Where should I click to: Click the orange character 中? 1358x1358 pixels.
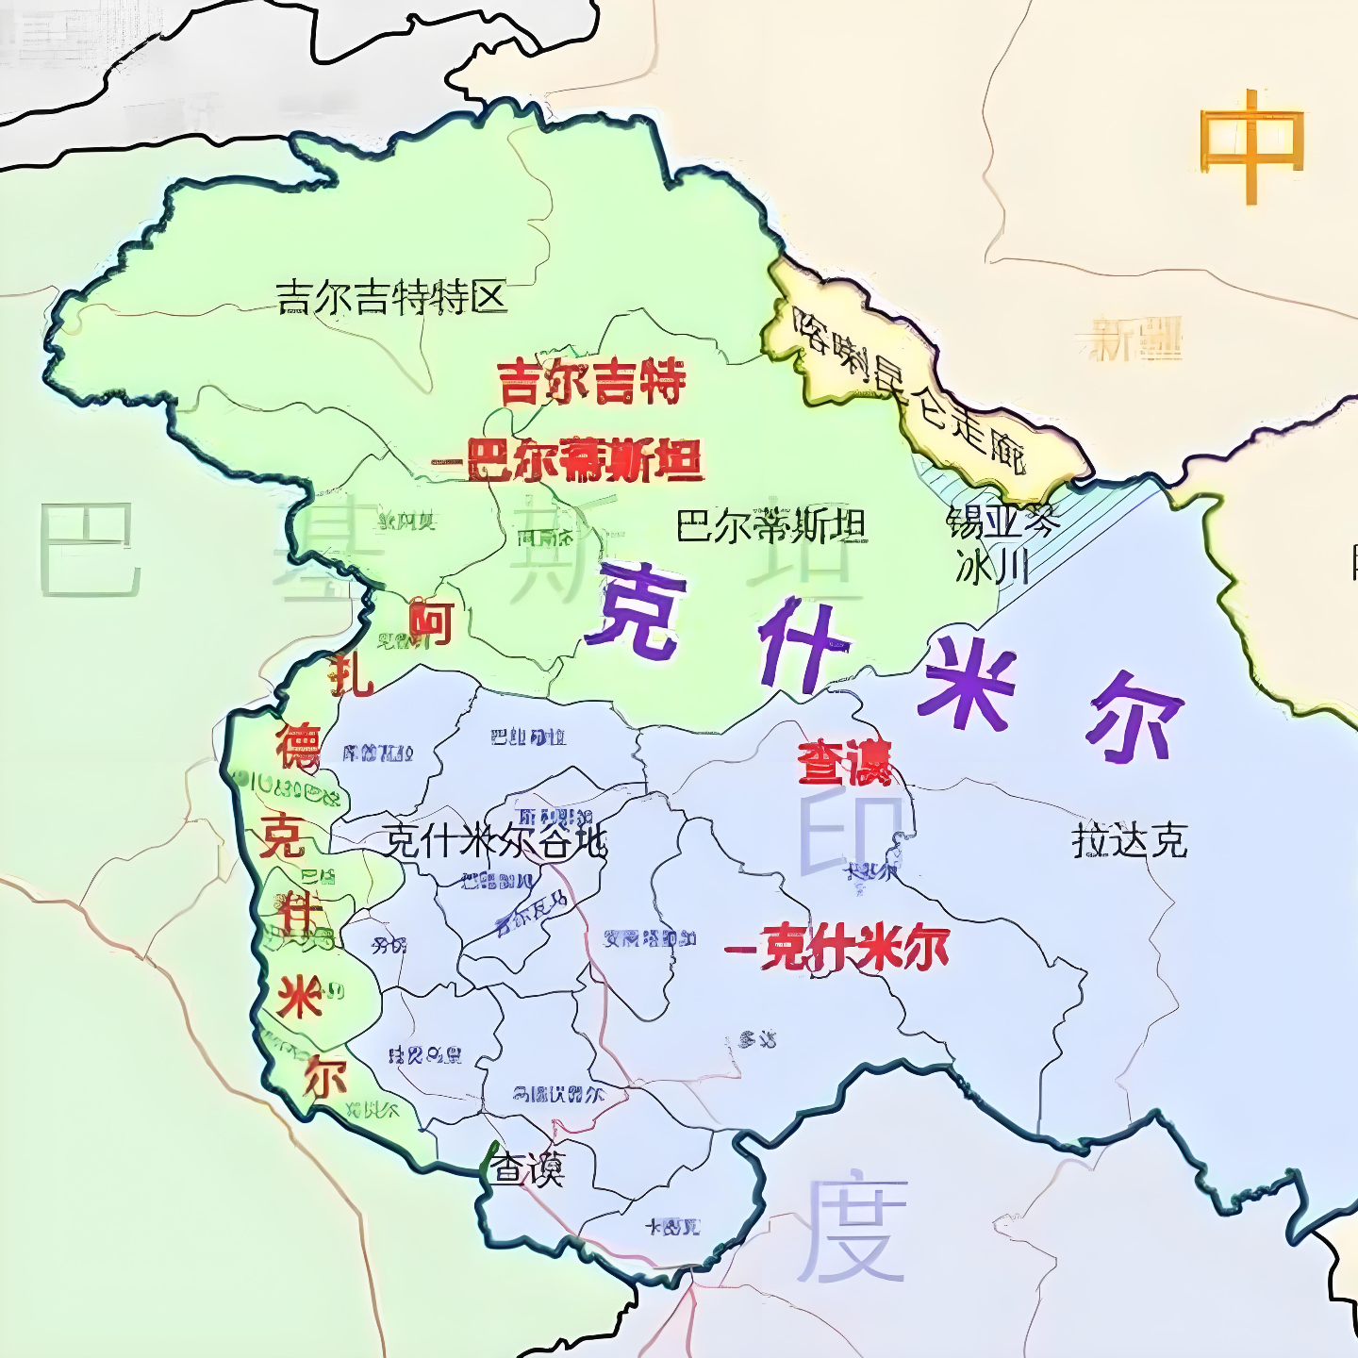click(x=1250, y=145)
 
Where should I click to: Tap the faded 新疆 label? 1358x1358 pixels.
click(x=1134, y=339)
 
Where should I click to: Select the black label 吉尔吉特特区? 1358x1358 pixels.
click(x=391, y=298)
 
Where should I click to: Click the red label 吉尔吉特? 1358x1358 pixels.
click(x=591, y=382)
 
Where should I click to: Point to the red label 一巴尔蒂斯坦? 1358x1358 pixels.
click(x=569, y=461)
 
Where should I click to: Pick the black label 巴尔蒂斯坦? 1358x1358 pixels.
click(x=770, y=525)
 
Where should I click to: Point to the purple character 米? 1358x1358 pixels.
click(x=969, y=683)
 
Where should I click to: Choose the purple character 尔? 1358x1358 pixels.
click(x=1134, y=717)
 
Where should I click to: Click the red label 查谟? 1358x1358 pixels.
click(x=843, y=762)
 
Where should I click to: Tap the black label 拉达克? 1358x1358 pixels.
click(x=1129, y=839)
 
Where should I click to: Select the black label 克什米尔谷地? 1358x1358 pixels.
click(x=494, y=840)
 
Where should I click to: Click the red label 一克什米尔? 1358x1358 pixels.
click(x=837, y=948)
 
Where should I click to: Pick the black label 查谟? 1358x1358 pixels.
click(x=527, y=1169)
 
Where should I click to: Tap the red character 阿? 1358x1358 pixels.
click(x=431, y=623)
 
